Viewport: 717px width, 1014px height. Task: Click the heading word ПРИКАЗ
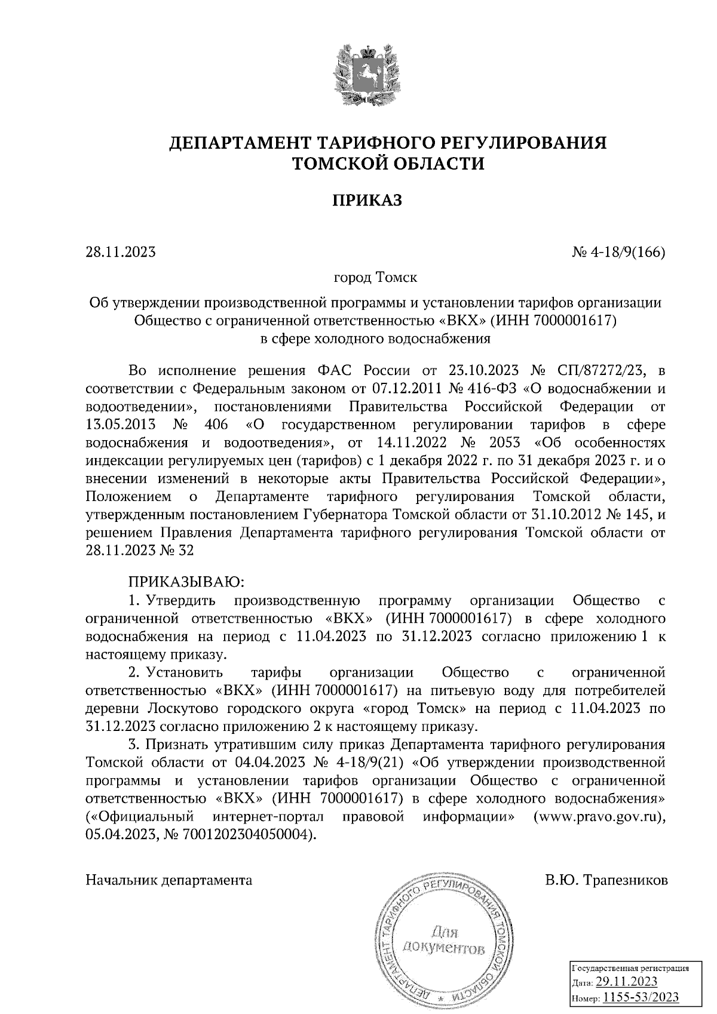[367, 200]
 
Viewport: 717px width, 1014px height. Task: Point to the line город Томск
[375, 278]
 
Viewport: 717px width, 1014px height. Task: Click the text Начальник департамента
[169, 880]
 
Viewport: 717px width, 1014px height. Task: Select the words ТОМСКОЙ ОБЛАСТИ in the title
[388, 163]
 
